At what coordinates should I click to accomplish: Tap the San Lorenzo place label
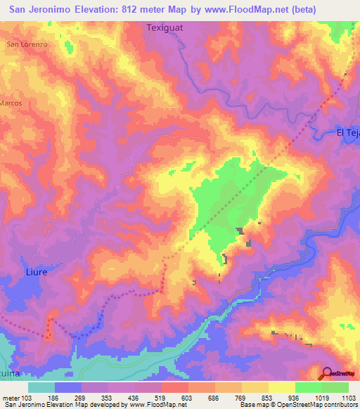pyautogui.click(x=27, y=44)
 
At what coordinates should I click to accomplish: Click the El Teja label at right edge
pyautogui.click(x=347, y=133)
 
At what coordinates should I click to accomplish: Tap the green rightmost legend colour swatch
pyautogui.click(x=335, y=387)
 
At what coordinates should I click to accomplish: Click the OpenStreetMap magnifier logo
pyautogui.click(x=328, y=373)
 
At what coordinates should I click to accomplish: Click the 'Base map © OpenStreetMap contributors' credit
pyautogui.click(x=296, y=405)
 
